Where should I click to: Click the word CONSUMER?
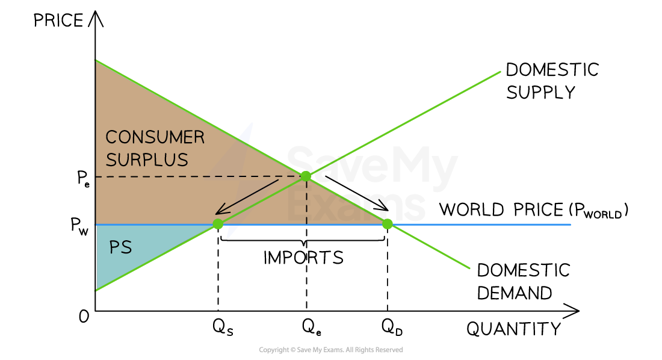point(155,138)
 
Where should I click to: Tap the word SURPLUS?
point(147,160)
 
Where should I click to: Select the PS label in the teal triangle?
point(120,247)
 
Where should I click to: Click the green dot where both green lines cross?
point(306,176)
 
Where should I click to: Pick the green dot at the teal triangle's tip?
point(218,224)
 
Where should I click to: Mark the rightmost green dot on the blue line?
point(387,224)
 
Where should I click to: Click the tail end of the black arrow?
point(278,179)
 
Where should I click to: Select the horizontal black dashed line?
point(199,176)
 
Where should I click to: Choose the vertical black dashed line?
point(307,202)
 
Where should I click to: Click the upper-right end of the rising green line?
point(500,72)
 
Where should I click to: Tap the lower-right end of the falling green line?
point(469,268)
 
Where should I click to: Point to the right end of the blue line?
point(569,225)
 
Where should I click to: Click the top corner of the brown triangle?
point(96,61)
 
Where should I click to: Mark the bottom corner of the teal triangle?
point(96,290)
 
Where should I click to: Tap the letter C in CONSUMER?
point(111,138)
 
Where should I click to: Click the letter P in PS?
point(114,247)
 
